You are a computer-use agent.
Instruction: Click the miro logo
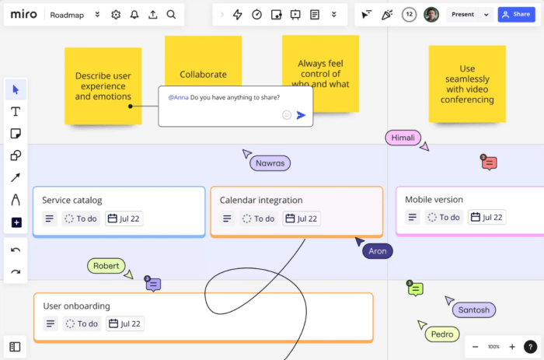pyautogui.click(x=23, y=14)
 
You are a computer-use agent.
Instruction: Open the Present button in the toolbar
pyautogui.click(x=463, y=14)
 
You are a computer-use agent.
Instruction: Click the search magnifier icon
pyautogui.click(x=171, y=14)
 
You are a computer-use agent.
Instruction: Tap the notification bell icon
pyautogui.click(x=134, y=14)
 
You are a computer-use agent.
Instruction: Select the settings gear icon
pyautogui.click(x=116, y=14)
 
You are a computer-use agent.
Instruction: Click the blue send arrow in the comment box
pyautogui.click(x=302, y=115)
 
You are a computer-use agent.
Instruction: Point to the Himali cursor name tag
pyautogui.click(x=403, y=138)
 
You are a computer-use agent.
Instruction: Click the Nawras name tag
pyautogui.click(x=270, y=163)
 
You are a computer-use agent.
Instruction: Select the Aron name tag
pyautogui.click(x=377, y=251)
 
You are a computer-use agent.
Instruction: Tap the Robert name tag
pyautogui.click(x=106, y=266)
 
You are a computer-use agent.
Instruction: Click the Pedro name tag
pyautogui.click(x=441, y=334)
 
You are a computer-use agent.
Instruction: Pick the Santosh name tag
pyautogui.click(x=473, y=310)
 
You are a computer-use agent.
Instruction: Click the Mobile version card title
pyautogui.click(x=434, y=200)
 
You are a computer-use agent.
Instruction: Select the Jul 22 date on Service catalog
pyautogui.click(x=124, y=218)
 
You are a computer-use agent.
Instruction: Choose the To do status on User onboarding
pyautogui.click(x=81, y=323)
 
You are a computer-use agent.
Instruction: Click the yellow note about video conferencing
pyautogui.click(x=467, y=84)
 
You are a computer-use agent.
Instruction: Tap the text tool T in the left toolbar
pyautogui.click(x=16, y=111)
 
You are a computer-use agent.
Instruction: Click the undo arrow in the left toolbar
pyautogui.click(x=16, y=250)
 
